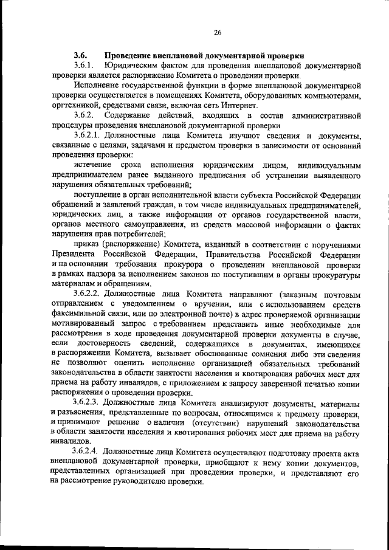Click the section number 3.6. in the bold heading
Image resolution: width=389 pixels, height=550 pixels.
click(x=81, y=53)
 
